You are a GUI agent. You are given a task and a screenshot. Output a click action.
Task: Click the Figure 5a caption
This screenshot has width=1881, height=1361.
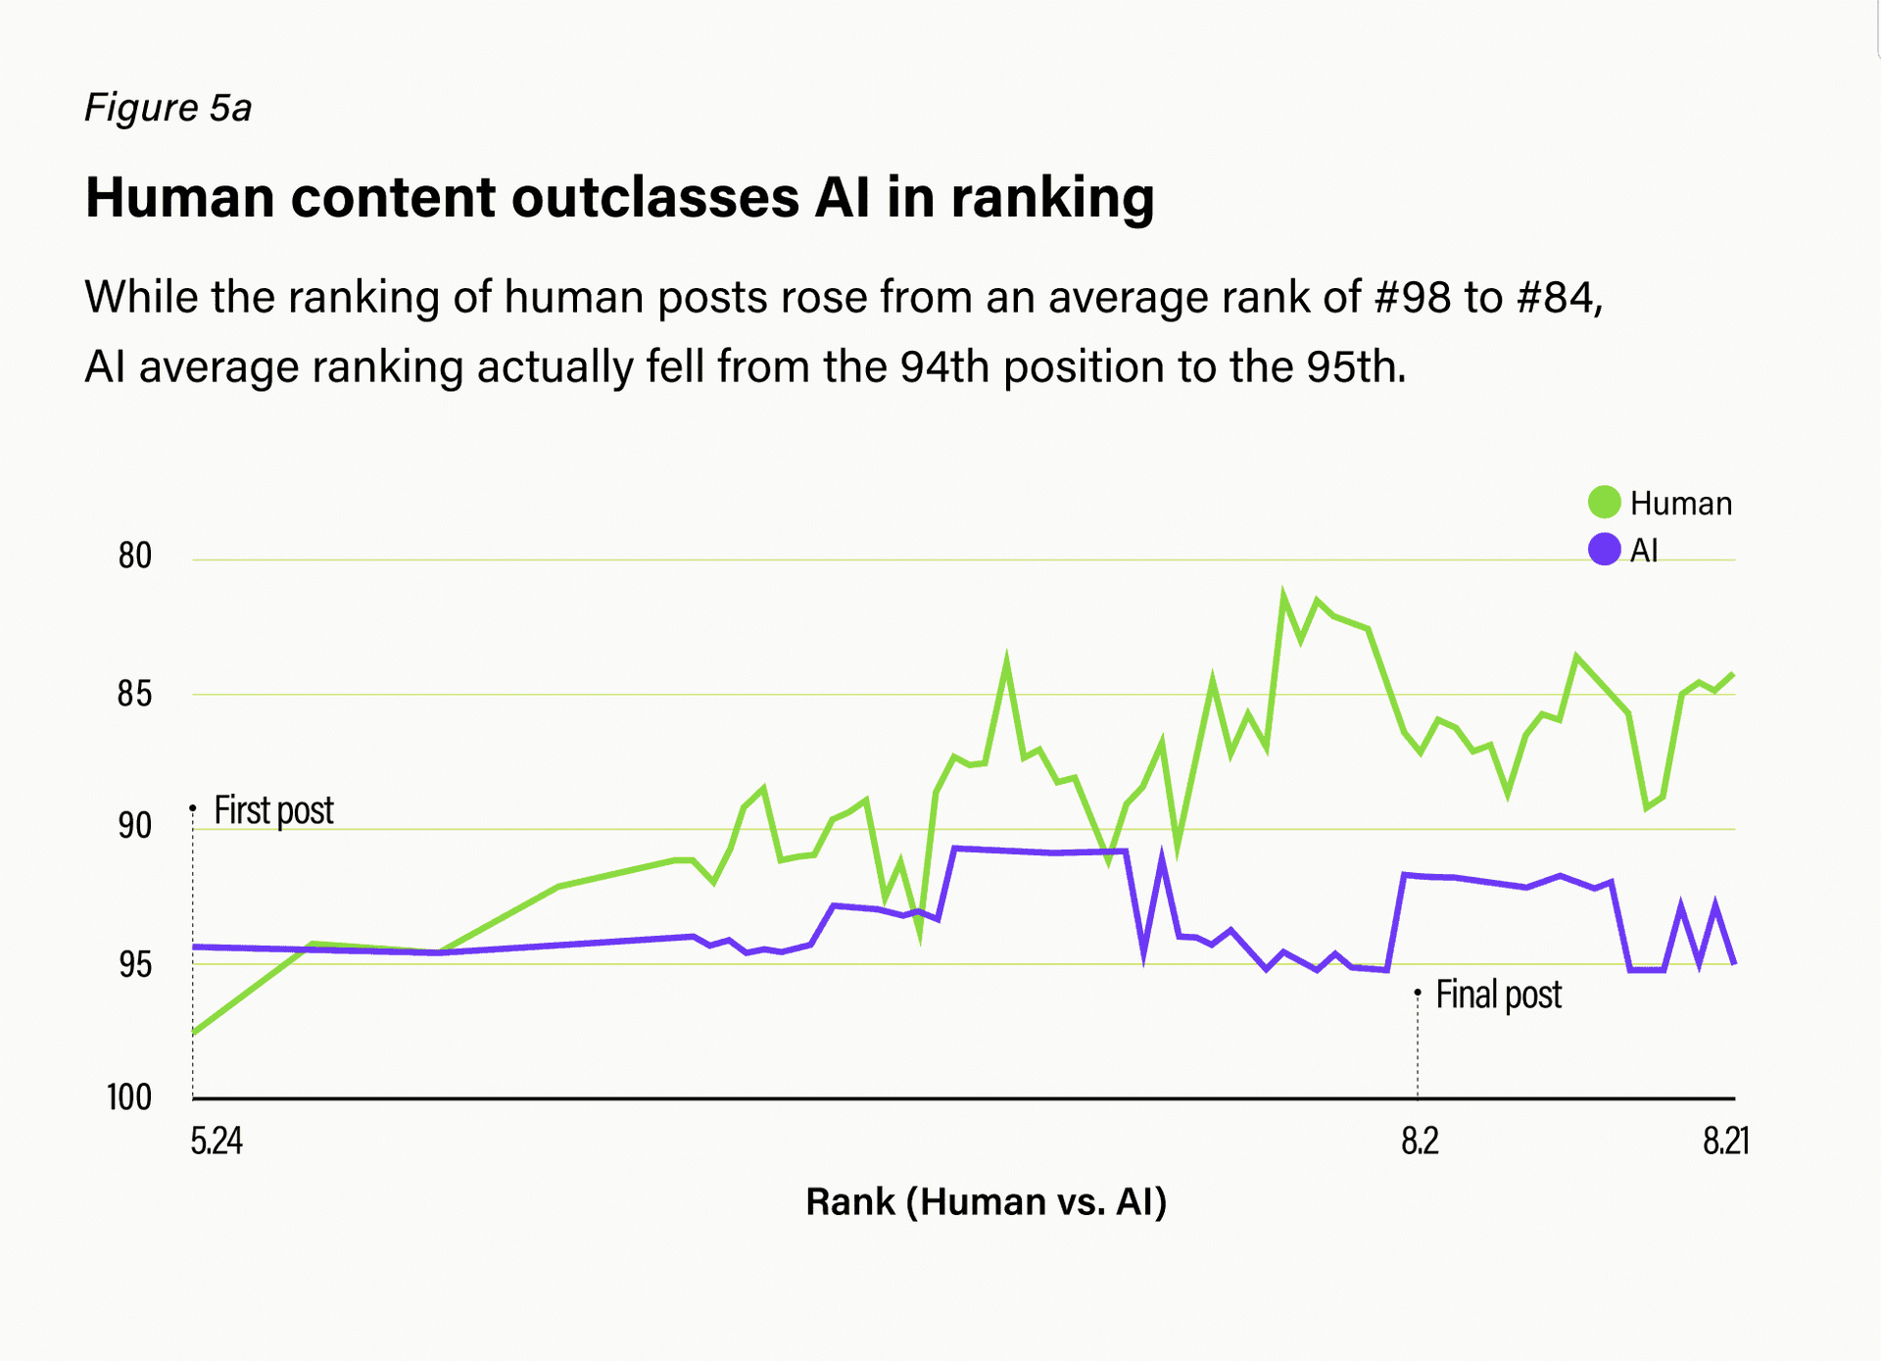(168, 108)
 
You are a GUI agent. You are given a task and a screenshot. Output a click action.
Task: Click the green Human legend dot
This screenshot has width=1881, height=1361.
(1604, 503)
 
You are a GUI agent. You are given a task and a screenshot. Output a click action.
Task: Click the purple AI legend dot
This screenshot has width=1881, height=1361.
(1604, 550)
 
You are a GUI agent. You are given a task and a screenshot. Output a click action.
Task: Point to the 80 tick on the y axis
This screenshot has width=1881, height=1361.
(135, 557)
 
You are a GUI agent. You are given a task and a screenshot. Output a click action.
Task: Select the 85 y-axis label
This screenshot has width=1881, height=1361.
(135, 695)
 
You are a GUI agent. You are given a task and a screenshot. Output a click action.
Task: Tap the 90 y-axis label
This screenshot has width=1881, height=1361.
(135, 827)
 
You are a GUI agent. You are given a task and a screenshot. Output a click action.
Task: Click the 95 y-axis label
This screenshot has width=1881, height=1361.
(135, 965)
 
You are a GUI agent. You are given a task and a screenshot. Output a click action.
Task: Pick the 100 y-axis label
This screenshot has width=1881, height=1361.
(129, 1097)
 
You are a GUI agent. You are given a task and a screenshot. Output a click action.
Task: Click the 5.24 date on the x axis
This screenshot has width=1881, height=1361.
(217, 1142)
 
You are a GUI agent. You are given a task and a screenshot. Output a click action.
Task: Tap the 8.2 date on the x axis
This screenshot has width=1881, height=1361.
(1420, 1142)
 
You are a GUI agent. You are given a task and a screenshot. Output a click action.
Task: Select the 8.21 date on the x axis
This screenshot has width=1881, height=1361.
(1725, 1142)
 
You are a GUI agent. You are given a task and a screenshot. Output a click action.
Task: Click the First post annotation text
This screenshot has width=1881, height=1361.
(273, 811)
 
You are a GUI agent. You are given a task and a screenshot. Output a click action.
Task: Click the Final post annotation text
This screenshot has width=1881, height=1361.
(1498, 995)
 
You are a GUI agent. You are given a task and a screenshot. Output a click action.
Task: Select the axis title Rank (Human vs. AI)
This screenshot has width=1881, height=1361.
(986, 1202)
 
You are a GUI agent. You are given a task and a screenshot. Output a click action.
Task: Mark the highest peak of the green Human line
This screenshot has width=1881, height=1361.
(1283, 594)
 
